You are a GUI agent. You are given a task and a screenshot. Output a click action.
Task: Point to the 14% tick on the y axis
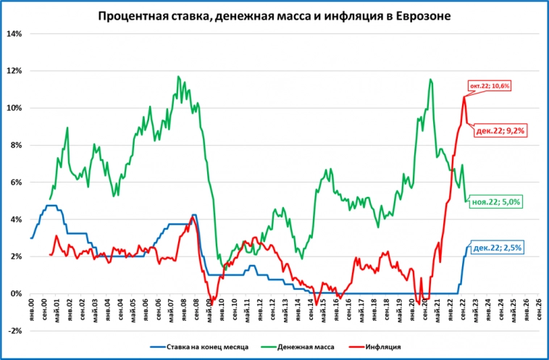pyautogui.click(x=14, y=34)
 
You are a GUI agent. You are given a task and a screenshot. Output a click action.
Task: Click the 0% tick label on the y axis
pyautogui.click(x=16, y=293)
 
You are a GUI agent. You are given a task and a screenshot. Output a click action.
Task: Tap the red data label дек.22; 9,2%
pyautogui.click(x=499, y=131)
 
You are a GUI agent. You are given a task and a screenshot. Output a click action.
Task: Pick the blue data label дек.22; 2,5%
pyautogui.click(x=496, y=247)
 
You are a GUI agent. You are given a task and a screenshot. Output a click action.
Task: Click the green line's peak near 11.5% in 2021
pyautogui.click(x=430, y=79)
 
